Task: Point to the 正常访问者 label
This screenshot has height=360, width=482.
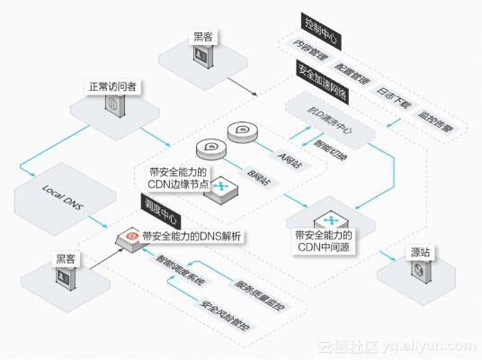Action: coord(112,87)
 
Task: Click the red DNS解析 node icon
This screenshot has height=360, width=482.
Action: coord(132,237)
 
